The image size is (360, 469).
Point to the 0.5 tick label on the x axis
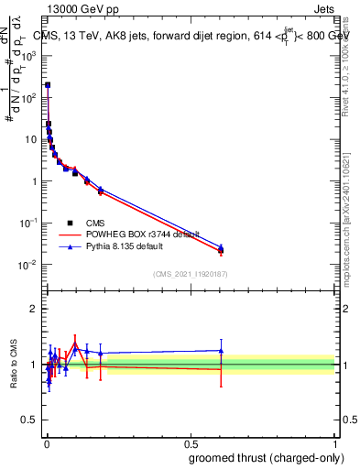[x=190, y=441]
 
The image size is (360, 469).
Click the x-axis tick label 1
[x=334, y=441]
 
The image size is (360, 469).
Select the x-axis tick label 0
[x=46, y=441]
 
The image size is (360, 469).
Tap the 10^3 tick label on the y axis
[x=29, y=55]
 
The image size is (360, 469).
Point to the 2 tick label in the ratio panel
[x=34, y=309]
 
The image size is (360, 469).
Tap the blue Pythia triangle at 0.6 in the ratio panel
[x=221, y=350]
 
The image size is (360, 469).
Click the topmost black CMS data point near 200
[x=48, y=84]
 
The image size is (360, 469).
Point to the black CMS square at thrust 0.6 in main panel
[x=221, y=250]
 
